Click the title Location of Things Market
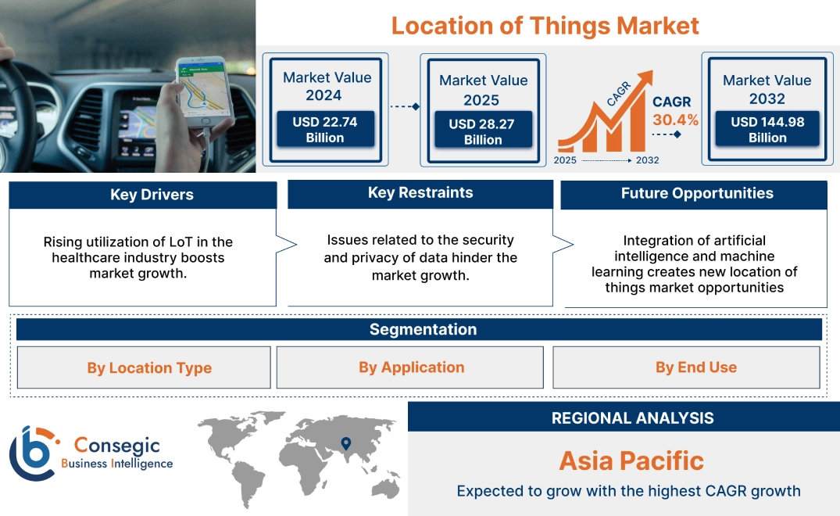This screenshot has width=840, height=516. point(545,25)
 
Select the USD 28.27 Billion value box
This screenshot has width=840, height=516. point(483,132)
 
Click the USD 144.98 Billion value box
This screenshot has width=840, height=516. point(767,130)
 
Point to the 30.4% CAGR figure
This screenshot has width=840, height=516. point(676,120)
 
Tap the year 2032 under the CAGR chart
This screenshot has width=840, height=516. point(647,160)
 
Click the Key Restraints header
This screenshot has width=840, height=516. point(420,193)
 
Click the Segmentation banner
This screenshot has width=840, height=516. point(423,329)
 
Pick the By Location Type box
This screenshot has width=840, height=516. point(149,367)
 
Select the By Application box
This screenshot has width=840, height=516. point(411,367)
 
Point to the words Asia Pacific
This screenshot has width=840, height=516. point(631,460)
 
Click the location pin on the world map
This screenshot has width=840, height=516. point(345,444)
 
